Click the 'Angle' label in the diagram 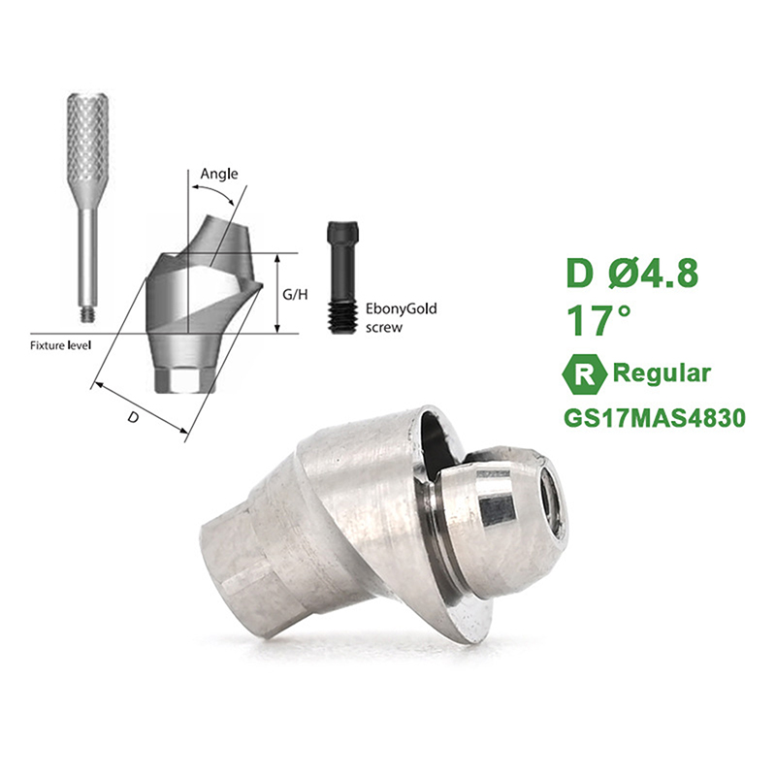[219, 175]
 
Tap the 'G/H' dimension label [295, 295]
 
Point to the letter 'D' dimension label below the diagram [133, 417]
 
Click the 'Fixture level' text [61, 345]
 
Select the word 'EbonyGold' [401, 309]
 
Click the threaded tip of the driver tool [87, 314]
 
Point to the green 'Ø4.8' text [653, 273]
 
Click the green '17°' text [598, 320]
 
